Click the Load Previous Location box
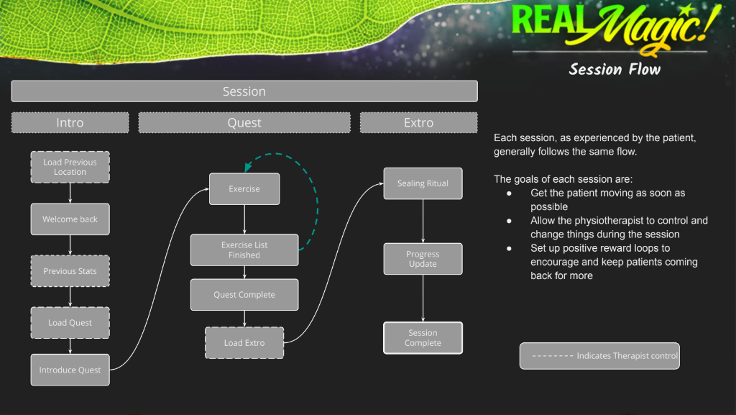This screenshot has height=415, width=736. coord(70,167)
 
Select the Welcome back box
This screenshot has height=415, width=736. coord(70,219)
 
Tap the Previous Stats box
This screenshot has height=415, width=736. coord(70,271)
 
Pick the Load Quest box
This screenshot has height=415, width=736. coord(70,323)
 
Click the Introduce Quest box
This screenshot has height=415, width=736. coord(70,370)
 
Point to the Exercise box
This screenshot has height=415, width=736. coord(244,189)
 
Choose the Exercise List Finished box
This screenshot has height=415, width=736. coord(244,250)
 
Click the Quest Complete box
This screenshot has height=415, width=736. coord(244,295)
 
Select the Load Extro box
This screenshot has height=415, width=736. coord(244,343)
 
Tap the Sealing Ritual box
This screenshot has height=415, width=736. coord(423,183)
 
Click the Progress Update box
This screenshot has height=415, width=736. coord(423,259)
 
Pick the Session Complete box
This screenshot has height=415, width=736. coord(423,338)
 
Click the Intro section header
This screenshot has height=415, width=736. coord(70,122)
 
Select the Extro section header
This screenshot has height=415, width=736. coord(418,122)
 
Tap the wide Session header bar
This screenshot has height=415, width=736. coord(244,91)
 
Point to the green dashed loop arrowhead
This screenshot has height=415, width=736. coord(247,168)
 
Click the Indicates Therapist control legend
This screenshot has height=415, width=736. coord(599,356)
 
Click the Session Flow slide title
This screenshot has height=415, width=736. coord(615,69)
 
